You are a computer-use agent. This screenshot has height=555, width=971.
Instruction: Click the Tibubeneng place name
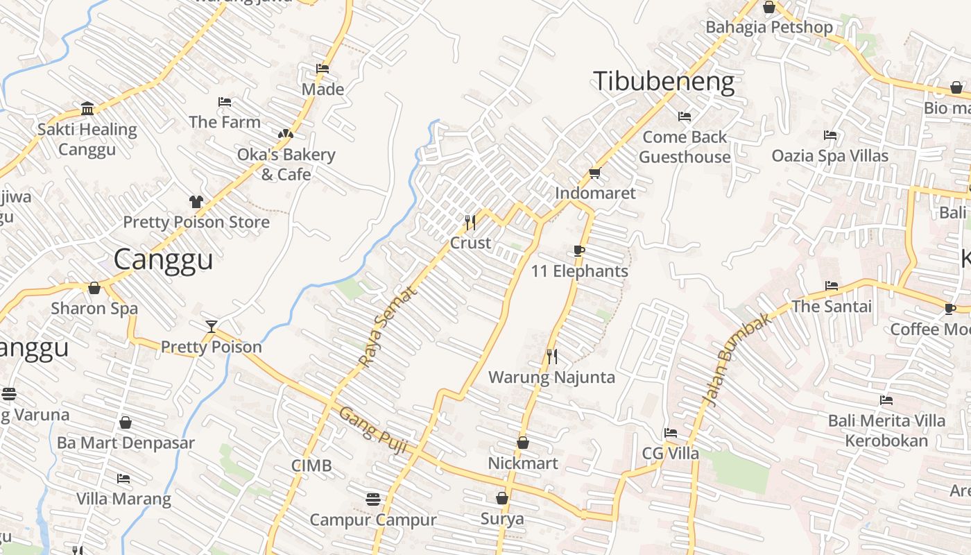663,82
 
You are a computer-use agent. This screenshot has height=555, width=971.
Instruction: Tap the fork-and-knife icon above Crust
470,222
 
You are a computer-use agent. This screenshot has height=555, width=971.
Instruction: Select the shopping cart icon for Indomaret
594,173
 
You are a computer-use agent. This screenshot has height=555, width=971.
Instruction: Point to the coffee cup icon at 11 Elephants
579,250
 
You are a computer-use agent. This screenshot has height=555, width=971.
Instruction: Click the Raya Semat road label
389,327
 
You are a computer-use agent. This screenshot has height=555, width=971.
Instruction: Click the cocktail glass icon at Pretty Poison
212,326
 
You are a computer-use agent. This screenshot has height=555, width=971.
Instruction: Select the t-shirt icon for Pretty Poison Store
196,202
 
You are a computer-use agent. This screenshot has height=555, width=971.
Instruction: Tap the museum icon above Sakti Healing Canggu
87,109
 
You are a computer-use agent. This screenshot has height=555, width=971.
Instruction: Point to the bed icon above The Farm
225,102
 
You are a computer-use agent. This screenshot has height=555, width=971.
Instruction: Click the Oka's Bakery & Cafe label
286,164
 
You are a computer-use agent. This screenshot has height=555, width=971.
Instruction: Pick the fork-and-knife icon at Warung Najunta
552,357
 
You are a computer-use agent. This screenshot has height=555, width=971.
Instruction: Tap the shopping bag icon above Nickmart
523,443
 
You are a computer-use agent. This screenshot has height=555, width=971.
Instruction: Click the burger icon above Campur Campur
373,499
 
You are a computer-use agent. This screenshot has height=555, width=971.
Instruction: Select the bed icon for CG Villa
670,433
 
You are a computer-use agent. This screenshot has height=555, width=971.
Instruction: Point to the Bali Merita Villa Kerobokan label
886,431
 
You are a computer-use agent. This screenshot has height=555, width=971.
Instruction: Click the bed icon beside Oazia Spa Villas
830,135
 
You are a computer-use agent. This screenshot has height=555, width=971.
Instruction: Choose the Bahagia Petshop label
769,27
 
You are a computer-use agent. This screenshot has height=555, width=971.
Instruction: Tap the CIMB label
311,466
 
